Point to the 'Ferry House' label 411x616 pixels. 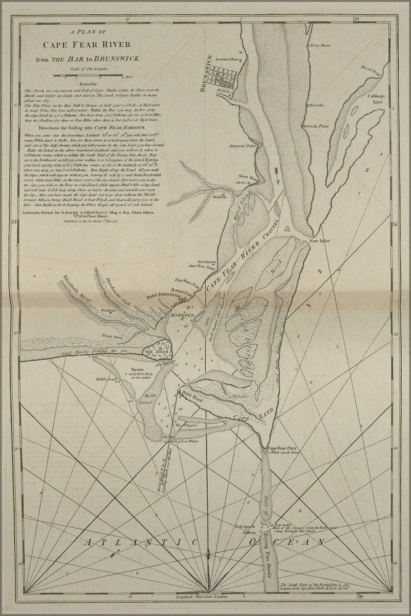tap(321, 46)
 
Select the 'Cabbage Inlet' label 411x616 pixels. tap(376, 99)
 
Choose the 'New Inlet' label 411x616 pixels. tap(320, 241)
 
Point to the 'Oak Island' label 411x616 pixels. tap(151, 352)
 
